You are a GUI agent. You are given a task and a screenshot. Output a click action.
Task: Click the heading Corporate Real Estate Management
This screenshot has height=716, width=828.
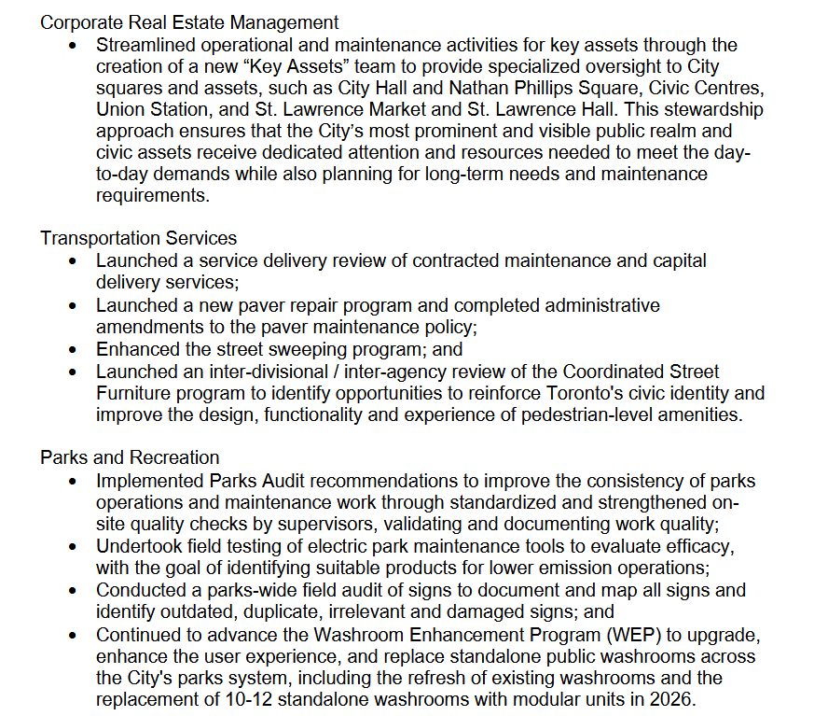(189, 22)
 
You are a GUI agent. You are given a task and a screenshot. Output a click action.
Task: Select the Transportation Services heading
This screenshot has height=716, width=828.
(138, 239)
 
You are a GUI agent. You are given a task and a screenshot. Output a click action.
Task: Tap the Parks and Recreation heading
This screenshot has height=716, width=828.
(130, 457)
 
